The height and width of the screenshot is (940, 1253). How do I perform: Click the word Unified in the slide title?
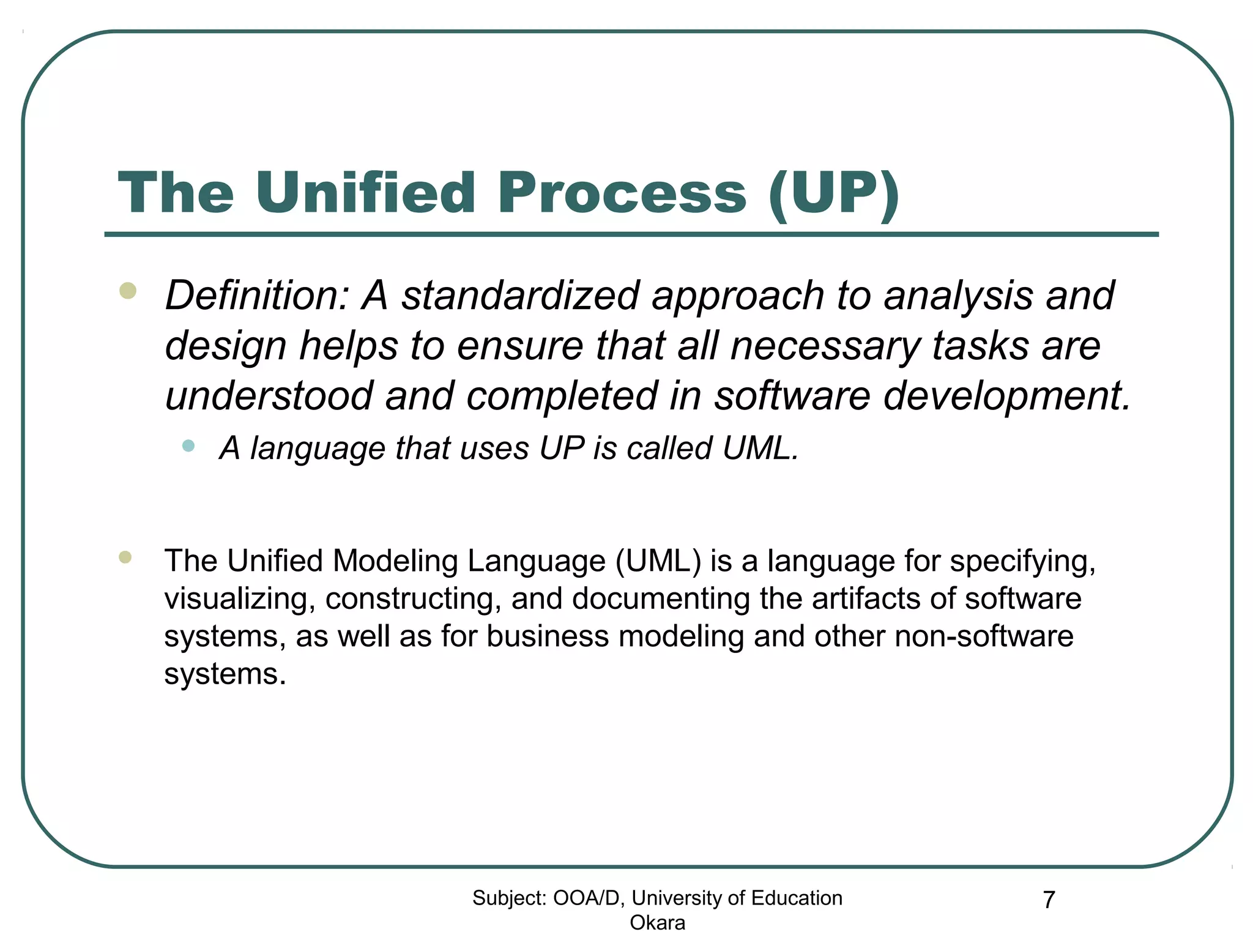365,193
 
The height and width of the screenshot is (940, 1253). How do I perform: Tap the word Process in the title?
622,193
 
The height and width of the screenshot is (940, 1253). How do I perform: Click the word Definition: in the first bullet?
257,296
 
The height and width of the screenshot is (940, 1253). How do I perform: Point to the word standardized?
521,296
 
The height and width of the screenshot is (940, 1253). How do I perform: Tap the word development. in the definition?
1007,397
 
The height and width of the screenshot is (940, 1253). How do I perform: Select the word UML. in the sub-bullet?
760,449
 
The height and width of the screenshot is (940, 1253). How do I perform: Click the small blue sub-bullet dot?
188,446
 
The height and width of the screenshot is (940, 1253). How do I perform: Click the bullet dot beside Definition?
128,290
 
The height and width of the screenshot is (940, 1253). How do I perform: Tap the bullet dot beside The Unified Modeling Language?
125,557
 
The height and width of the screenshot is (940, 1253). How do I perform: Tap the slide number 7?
1049,900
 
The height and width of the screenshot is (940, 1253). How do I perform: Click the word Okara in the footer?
657,922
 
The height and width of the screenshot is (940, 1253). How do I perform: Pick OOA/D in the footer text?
589,898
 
